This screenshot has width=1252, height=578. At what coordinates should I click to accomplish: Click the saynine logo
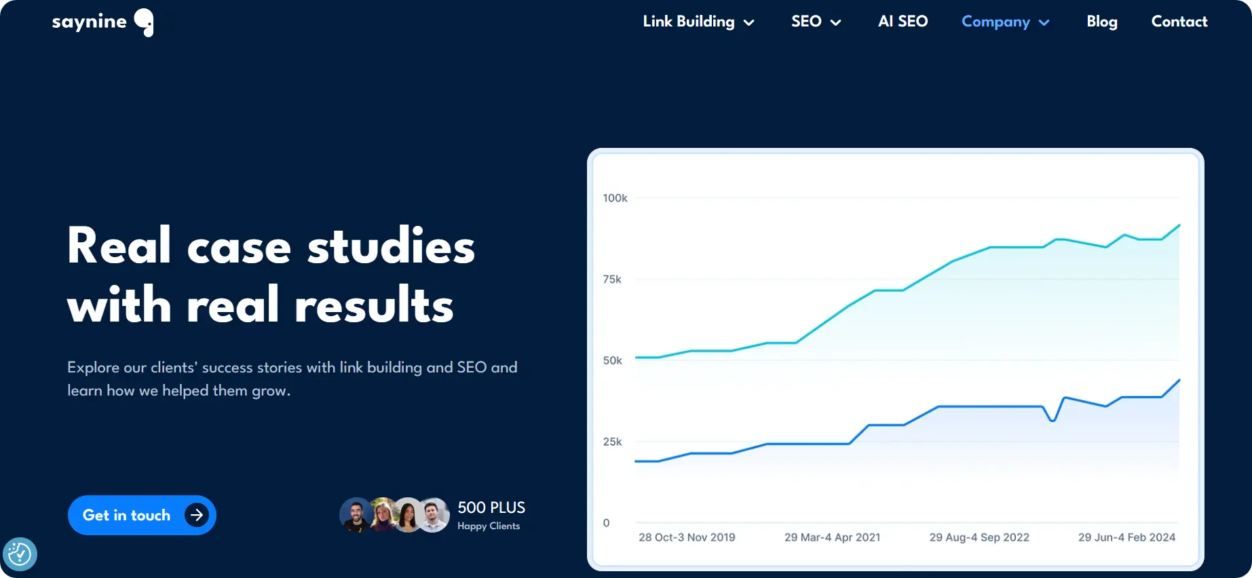pyautogui.click(x=102, y=22)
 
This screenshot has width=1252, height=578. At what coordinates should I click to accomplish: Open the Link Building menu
pyautogui.click(x=698, y=22)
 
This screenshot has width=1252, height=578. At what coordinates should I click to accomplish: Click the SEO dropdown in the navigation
pyautogui.click(x=816, y=22)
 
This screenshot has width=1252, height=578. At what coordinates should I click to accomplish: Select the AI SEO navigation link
pyautogui.click(x=903, y=22)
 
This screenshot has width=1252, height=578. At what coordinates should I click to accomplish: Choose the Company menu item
pyautogui.click(x=1005, y=22)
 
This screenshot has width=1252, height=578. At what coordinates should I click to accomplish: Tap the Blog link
pyautogui.click(x=1101, y=22)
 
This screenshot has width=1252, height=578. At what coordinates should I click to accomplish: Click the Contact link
pyautogui.click(x=1179, y=22)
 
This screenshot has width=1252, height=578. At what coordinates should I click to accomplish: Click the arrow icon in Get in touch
pyautogui.click(x=197, y=516)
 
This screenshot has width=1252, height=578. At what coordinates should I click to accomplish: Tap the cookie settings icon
pyautogui.click(x=20, y=554)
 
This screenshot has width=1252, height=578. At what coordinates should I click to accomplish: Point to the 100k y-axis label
pyautogui.click(x=615, y=198)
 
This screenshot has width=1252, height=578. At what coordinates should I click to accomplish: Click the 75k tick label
pyautogui.click(x=612, y=280)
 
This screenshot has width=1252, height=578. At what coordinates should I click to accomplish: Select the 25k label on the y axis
pyautogui.click(x=612, y=442)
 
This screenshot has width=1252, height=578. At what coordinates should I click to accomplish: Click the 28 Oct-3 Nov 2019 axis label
pyautogui.click(x=687, y=537)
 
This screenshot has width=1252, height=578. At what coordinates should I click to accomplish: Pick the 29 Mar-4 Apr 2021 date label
pyautogui.click(x=832, y=537)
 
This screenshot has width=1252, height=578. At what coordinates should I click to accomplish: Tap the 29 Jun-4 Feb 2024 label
pyautogui.click(x=1126, y=537)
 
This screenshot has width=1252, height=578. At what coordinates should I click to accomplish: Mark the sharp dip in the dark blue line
pyautogui.click(x=1052, y=421)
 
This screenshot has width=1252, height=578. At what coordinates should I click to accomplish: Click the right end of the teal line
pyautogui.click(x=1179, y=225)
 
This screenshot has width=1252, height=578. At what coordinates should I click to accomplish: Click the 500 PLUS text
pyautogui.click(x=491, y=507)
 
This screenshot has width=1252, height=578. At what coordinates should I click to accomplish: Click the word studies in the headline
pyautogui.click(x=391, y=246)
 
